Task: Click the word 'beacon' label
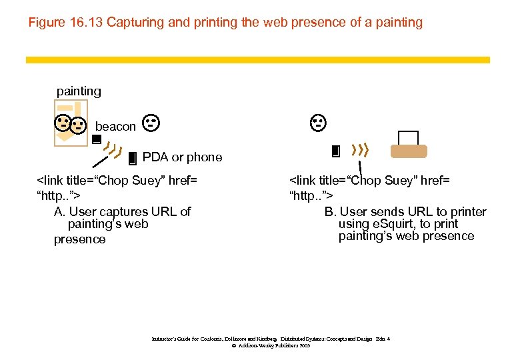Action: pyautogui.click(x=115, y=126)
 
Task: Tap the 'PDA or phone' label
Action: pyautogui.click(x=182, y=157)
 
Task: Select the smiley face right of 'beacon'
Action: pyautogui.click(x=151, y=122)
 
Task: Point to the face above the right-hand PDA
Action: pyautogui.click(x=318, y=122)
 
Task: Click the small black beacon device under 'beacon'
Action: pyautogui.click(x=96, y=140)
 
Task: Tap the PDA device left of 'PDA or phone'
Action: pyautogui.click(x=132, y=158)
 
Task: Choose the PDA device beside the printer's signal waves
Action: pyautogui.click(x=335, y=151)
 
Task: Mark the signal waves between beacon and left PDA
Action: pyautogui.click(x=114, y=151)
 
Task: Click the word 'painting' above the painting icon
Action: pyautogui.click(x=79, y=91)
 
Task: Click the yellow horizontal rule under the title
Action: pyautogui.click(x=257, y=60)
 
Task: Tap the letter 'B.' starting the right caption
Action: pyautogui.click(x=331, y=212)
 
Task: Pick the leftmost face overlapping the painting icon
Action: pyautogui.click(x=63, y=122)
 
